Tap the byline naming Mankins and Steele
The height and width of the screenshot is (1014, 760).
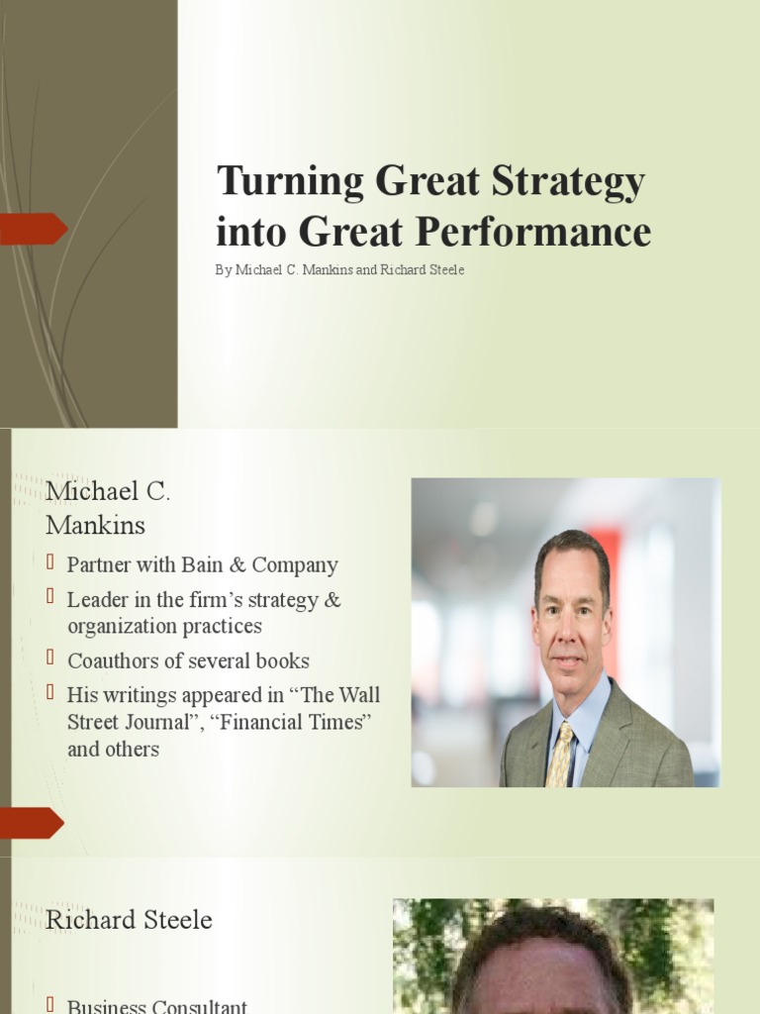[x=339, y=270]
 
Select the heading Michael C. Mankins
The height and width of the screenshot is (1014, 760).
[x=108, y=507]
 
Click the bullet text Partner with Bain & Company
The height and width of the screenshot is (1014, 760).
[x=202, y=565]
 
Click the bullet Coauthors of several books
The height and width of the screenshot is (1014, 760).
[x=188, y=660]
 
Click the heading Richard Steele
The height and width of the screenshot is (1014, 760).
[x=129, y=920]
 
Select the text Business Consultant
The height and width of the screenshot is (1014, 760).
[x=156, y=1006]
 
